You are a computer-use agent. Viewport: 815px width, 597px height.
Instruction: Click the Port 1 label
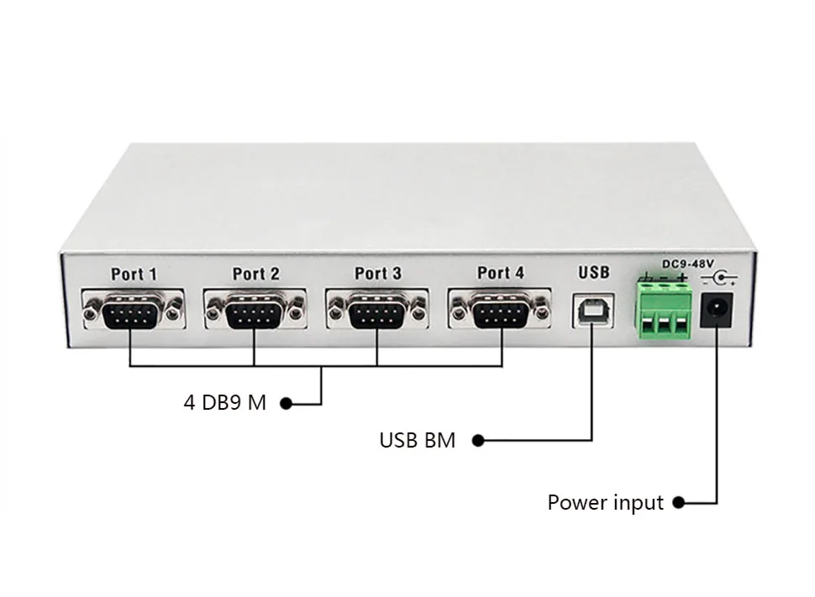(x=134, y=274)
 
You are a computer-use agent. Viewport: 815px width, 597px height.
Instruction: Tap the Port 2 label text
(x=255, y=274)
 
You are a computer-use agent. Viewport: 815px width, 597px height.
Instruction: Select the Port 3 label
(x=377, y=274)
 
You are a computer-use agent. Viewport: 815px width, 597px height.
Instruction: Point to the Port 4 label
(x=500, y=273)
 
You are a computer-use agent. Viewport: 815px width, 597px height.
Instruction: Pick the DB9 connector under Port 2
(x=255, y=313)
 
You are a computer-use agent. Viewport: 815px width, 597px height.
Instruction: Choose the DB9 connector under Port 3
(x=377, y=313)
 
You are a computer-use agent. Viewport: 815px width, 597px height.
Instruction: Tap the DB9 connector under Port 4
(x=501, y=312)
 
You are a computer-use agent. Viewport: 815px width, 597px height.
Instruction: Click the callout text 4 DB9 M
(x=224, y=403)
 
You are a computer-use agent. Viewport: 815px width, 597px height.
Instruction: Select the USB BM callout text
(x=417, y=440)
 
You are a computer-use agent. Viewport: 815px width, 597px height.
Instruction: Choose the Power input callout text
(x=605, y=503)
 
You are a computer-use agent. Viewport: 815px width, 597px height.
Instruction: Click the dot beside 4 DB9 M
(x=285, y=404)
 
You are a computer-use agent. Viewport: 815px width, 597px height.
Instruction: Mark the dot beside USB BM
(x=477, y=440)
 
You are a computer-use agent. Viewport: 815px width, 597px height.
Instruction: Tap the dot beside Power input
(x=678, y=503)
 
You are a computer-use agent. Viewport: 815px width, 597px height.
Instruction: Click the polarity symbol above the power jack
(x=719, y=277)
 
